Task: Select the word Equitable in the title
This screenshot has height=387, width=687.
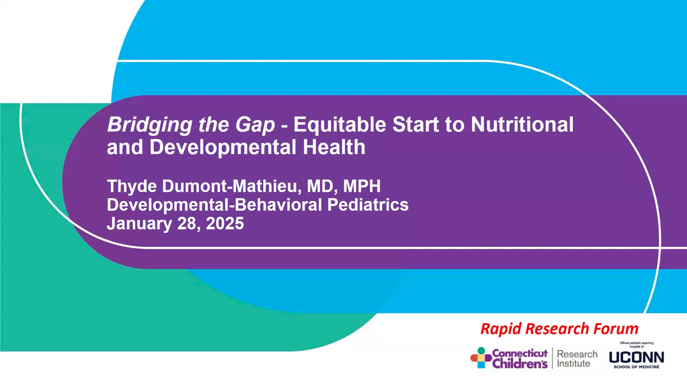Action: click(339, 125)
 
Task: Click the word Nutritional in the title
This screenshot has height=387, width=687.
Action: click(522, 125)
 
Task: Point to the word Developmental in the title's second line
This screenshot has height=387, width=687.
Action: click(223, 147)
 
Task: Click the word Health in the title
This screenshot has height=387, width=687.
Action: click(334, 147)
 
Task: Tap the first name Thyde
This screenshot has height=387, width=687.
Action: click(132, 186)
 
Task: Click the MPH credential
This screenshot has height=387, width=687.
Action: click(362, 186)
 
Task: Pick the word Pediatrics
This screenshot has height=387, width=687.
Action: click(368, 205)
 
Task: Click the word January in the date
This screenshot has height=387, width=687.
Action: click(139, 224)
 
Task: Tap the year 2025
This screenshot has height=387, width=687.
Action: click(225, 224)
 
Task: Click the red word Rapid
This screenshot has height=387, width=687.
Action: click(500, 329)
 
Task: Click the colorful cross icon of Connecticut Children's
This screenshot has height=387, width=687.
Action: click(481, 358)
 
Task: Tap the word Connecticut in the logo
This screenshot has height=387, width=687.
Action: click(520, 353)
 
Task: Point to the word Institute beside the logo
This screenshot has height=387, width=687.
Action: click(573, 363)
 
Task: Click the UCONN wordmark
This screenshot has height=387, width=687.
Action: click(636, 357)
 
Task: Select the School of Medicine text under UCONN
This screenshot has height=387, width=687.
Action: click(636, 367)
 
